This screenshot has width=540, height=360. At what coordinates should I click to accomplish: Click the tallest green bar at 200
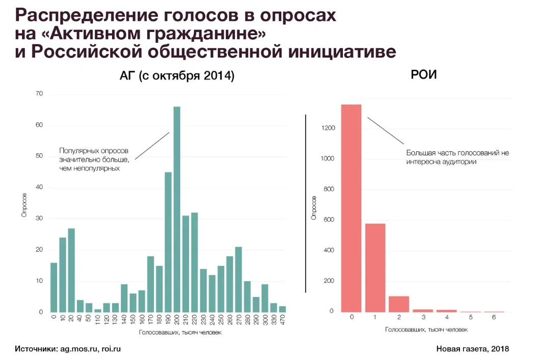point(177,209)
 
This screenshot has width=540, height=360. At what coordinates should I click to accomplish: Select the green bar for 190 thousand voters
point(168,242)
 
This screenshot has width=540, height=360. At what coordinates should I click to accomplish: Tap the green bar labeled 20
point(71,270)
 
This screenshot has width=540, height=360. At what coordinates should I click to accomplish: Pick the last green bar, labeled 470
point(283,309)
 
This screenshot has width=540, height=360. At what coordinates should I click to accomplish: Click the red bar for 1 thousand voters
point(375,267)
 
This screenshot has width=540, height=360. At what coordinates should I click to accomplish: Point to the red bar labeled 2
point(399,303)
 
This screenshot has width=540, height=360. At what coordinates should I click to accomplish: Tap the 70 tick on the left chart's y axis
point(39,94)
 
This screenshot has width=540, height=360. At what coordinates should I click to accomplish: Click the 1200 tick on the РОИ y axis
point(328,128)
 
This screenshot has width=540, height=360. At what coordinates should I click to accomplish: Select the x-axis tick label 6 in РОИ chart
point(494,318)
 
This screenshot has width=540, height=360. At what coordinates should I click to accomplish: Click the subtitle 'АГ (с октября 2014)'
point(173,77)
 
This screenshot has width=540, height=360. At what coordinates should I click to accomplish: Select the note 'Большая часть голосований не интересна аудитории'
point(457,157)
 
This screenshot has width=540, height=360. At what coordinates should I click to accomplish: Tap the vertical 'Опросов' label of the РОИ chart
point(314,209)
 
